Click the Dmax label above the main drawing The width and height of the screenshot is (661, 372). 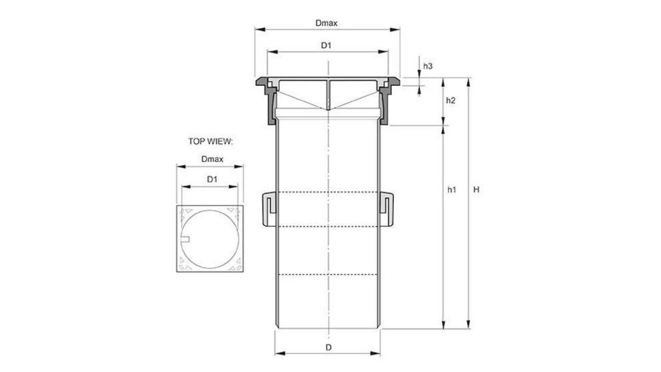[327, 23]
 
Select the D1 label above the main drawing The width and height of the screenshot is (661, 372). [327, 45]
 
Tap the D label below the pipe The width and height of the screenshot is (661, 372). [328, 348]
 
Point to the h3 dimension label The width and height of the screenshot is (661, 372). [428, 66]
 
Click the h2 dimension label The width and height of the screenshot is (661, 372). [450, 101]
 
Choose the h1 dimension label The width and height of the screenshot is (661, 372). [451, 190]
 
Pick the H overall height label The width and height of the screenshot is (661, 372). [476, 190]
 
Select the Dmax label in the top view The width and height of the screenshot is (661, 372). [211, 160]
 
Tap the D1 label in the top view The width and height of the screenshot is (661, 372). [211, 179]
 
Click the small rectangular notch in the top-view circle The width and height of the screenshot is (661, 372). [187, 239]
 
